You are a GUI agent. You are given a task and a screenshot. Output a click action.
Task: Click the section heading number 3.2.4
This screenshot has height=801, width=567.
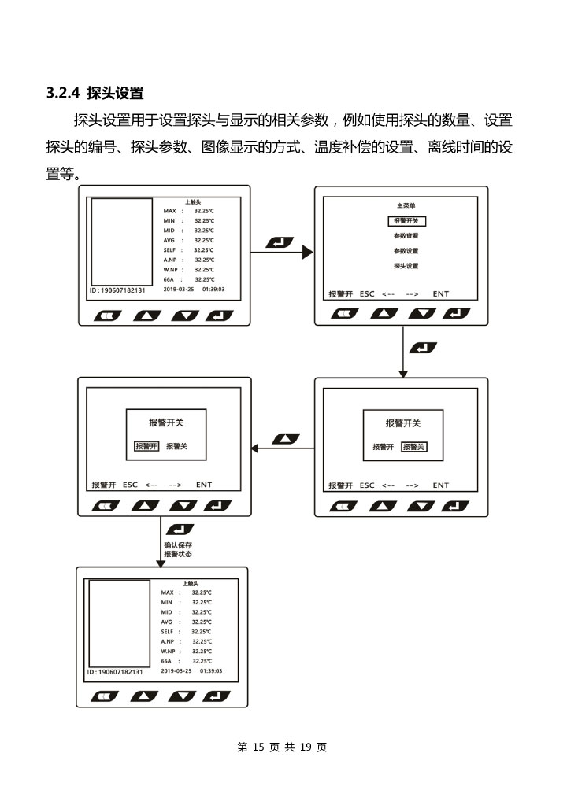coord(64,93)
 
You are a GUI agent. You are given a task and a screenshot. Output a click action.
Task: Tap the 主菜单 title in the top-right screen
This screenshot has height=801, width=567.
coord(406,205)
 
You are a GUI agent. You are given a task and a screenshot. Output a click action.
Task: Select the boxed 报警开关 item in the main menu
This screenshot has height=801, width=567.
coord(406,221)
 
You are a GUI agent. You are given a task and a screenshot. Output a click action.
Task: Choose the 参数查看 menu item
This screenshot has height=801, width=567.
coord(406,236)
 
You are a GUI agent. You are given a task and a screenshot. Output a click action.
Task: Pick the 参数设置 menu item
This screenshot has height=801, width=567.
coord(406,251)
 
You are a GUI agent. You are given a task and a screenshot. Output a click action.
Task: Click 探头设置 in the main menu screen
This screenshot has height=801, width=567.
coord(406,266)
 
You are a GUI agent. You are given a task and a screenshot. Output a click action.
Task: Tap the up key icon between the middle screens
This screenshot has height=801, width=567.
coord(285,438)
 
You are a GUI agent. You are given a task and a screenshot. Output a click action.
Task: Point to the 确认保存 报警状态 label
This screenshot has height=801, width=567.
coord(177,549)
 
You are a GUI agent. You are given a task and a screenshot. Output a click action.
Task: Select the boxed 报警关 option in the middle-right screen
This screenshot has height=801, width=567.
coord(413,446)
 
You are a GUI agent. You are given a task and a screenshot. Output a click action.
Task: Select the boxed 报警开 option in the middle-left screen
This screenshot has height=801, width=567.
coord(146,446)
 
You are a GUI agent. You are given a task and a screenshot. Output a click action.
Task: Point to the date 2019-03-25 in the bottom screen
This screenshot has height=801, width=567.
coord(176,671)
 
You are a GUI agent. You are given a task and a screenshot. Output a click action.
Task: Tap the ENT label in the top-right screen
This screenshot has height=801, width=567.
coord(440,294)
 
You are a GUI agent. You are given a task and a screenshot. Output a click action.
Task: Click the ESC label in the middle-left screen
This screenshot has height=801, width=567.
coord(130,485)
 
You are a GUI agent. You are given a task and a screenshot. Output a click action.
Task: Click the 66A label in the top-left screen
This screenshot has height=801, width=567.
coord(169,279)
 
